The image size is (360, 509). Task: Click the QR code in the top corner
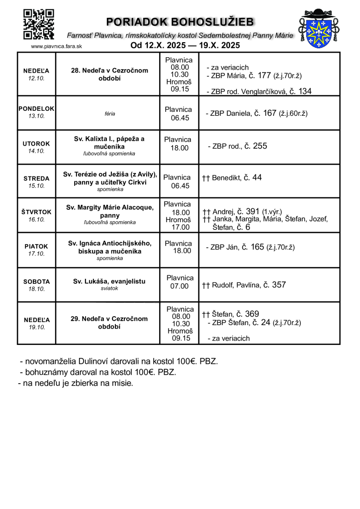pyautogui.click(x=39, y=24)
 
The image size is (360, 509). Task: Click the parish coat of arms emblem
pyautogui.click(x=318, y=28)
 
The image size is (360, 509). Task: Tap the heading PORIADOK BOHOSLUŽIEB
pyautogui.click(x=180, y=22)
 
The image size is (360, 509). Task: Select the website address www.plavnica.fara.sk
pyautogui.click(x=56, y=46)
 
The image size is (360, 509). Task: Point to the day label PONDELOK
pyautogui.click(x=36, y=108)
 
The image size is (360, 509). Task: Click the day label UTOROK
pyautogui.click(x=36, y=144)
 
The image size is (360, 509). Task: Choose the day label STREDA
pyautogui.click(x=36, y=178)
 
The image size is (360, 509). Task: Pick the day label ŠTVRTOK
pyautogui.click(x=36, y=212)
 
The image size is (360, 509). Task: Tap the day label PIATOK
pyautogui.click(x=36, y=246)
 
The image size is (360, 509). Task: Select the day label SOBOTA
pyautogui.click(x=36, y=281)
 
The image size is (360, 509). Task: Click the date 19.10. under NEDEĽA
pyautogui.click(x=36, y=327)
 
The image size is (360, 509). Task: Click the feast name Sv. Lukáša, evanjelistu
pyautogui.click(x=109, y=281)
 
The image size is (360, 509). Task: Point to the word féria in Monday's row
pyautogui.click(x=110, y=114)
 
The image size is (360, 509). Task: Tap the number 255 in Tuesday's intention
pyautogui.click(x=260, y=146)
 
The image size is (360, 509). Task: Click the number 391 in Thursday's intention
pyautogui.click(x=253, y=211)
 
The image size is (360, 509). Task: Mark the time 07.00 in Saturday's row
pyautogui.click(x=180, y=286)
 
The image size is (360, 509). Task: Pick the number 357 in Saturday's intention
pyautogui.click(x=279, y=285)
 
